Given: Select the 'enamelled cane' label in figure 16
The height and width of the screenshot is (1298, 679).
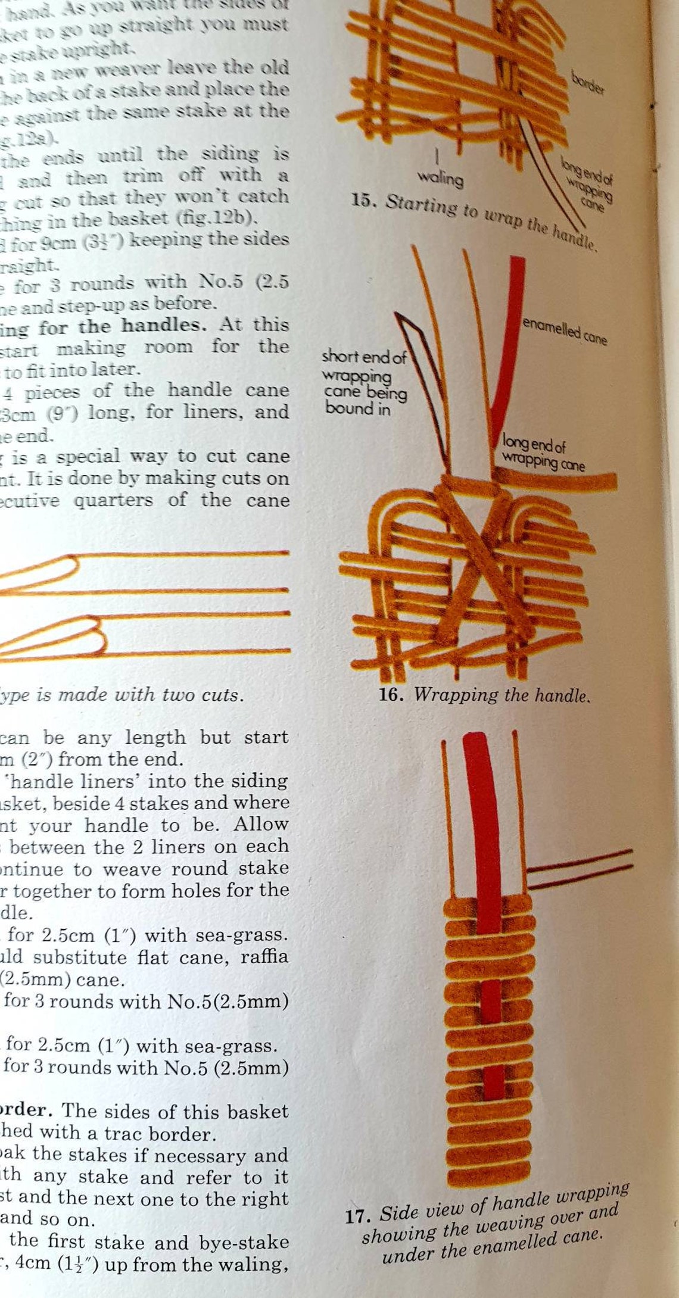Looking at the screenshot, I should (565, 332).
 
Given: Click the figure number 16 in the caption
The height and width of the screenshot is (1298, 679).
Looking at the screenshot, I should (391, 694).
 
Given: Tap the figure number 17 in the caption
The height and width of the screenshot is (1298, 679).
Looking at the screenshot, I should (357, 1216).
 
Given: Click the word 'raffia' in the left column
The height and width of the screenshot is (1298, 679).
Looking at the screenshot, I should (264, 957).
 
